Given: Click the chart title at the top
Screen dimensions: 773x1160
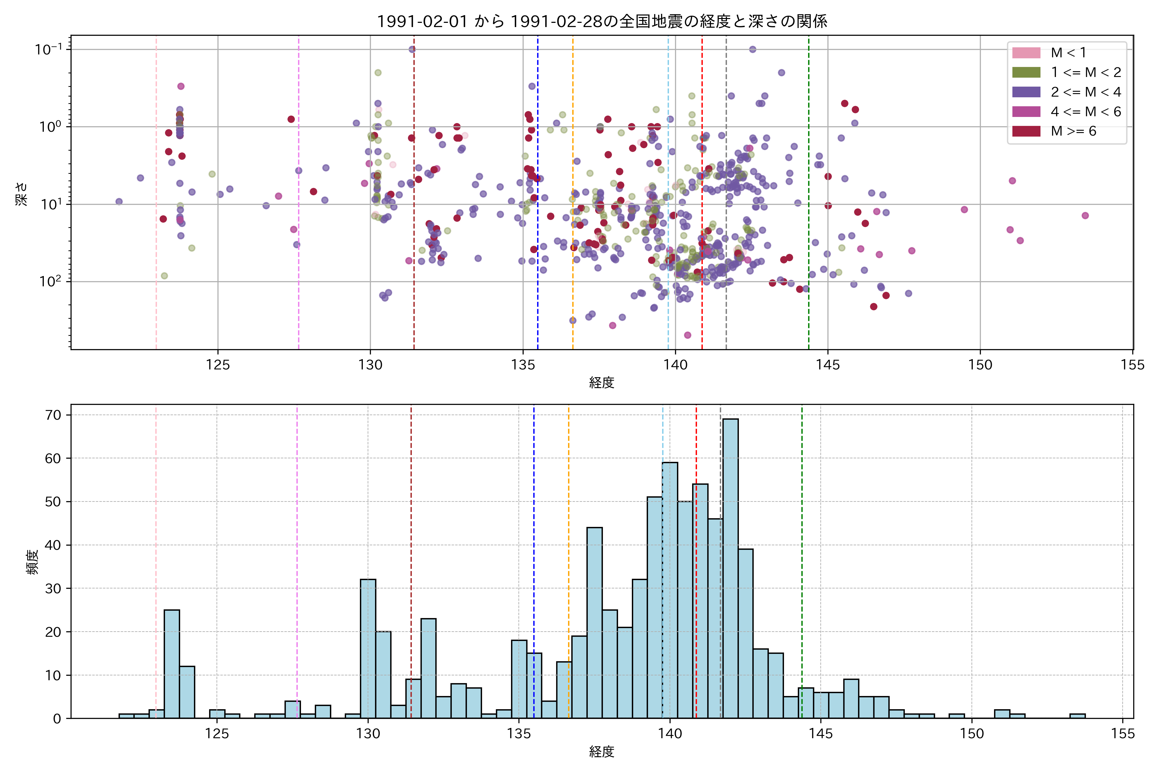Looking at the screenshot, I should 602,22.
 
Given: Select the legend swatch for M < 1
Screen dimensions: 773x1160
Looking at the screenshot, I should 1026,53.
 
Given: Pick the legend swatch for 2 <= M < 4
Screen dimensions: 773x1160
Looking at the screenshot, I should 1026,92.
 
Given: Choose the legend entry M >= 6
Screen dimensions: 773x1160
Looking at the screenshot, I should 1073,131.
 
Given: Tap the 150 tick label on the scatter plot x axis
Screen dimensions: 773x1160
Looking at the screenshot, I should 980,365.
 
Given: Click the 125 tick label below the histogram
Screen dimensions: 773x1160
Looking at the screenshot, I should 217,734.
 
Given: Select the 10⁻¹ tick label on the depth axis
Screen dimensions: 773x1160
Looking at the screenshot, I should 48,49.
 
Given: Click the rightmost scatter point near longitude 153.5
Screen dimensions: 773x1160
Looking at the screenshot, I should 1085,215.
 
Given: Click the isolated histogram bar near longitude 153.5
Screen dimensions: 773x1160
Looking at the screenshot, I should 1077,716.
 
